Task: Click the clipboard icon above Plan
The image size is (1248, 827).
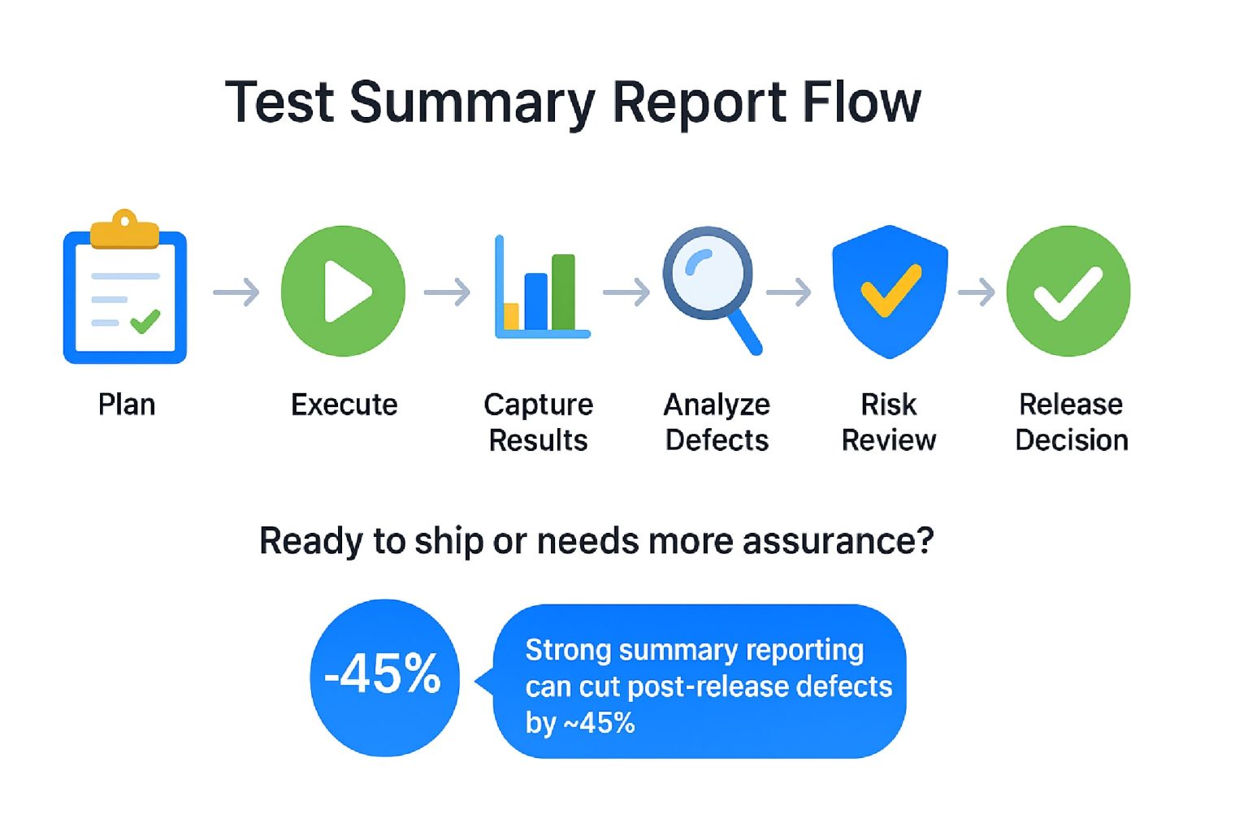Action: [125, 287]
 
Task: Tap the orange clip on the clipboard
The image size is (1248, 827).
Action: [125, 229]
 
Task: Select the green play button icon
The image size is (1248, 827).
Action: [343, 291]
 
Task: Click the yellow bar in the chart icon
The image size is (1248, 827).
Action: [511, 316]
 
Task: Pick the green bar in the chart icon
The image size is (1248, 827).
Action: [563, 292]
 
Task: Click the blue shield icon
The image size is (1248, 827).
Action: [890, 292]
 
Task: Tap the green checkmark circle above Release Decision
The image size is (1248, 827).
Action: [1068, 291]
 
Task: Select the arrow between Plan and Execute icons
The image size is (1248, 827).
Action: [236, 292]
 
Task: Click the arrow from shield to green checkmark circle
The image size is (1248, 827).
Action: [976, 292]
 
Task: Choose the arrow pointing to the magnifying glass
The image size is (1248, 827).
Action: [626, 292]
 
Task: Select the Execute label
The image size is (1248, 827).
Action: [344, 405]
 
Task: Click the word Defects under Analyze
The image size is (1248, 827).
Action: [717, 440]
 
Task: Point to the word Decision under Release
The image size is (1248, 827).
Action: [1072, 440]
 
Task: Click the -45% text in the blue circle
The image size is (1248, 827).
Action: [383, 674]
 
